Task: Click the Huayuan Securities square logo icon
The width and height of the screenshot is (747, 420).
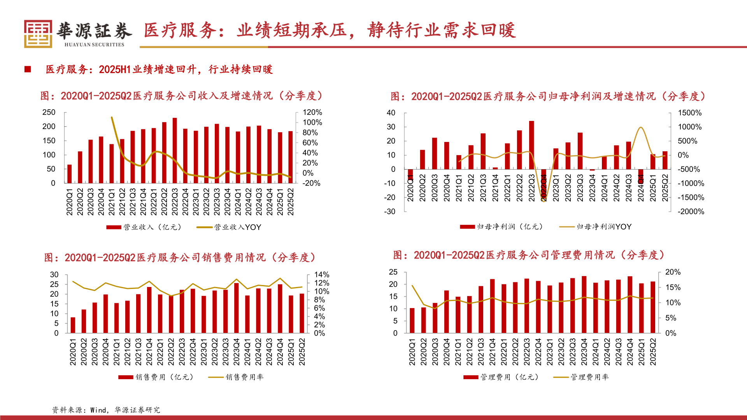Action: (38, 34)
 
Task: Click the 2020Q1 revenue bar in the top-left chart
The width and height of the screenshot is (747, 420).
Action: (69, 174)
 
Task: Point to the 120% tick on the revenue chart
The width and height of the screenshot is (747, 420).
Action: (312, 112)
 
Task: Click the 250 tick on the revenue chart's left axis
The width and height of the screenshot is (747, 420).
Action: (49, 112)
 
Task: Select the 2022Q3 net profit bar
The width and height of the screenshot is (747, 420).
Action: (531, 145)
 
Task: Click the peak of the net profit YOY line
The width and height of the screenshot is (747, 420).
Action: (640, 128)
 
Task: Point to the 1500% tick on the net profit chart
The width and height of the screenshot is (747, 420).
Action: (689, 113)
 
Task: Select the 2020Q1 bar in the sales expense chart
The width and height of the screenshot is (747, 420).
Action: (73, 325)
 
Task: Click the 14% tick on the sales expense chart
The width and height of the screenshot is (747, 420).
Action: (321, 275)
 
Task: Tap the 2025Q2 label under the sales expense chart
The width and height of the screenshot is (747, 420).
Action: (302, 352)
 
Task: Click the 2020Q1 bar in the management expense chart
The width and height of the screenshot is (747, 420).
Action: (412, 320)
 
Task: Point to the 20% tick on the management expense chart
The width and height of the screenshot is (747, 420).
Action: (673, 272)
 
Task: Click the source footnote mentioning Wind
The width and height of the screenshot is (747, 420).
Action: (106, 410)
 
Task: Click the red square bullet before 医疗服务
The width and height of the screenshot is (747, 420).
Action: (28, 69)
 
